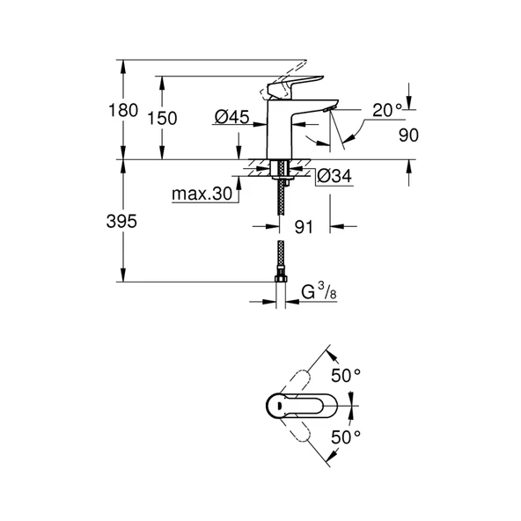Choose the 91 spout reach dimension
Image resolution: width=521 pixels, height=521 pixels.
click(305, 227)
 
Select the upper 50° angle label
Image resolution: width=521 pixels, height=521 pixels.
click(346, 376)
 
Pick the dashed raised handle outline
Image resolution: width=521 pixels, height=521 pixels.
click(297, 70)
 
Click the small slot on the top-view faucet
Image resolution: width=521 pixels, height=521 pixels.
click(275, 406)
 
